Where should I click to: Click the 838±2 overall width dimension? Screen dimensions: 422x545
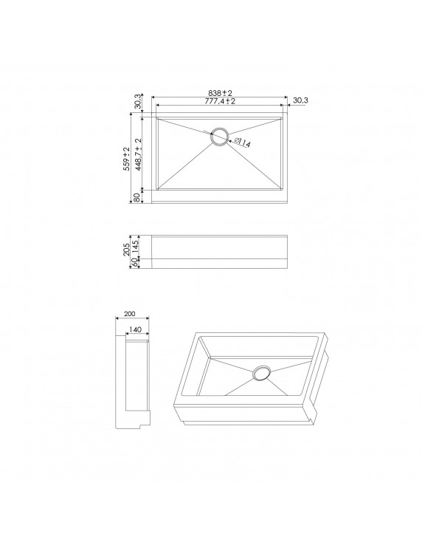click(x=220, y=93)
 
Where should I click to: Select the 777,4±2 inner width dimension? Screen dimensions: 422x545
click(x=220, y=100)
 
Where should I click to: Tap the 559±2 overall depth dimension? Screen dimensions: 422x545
click(x=126, y=159)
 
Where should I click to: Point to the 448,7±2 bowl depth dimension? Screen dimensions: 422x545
click(x=138, y=154)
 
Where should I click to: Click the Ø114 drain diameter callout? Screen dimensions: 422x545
click(x=242, y=143)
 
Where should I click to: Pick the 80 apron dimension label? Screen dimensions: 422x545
click(x=137, y=197)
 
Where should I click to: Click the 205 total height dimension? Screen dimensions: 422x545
click(x=126, y=250)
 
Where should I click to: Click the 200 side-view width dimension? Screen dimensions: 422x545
click(x=130, y=314)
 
